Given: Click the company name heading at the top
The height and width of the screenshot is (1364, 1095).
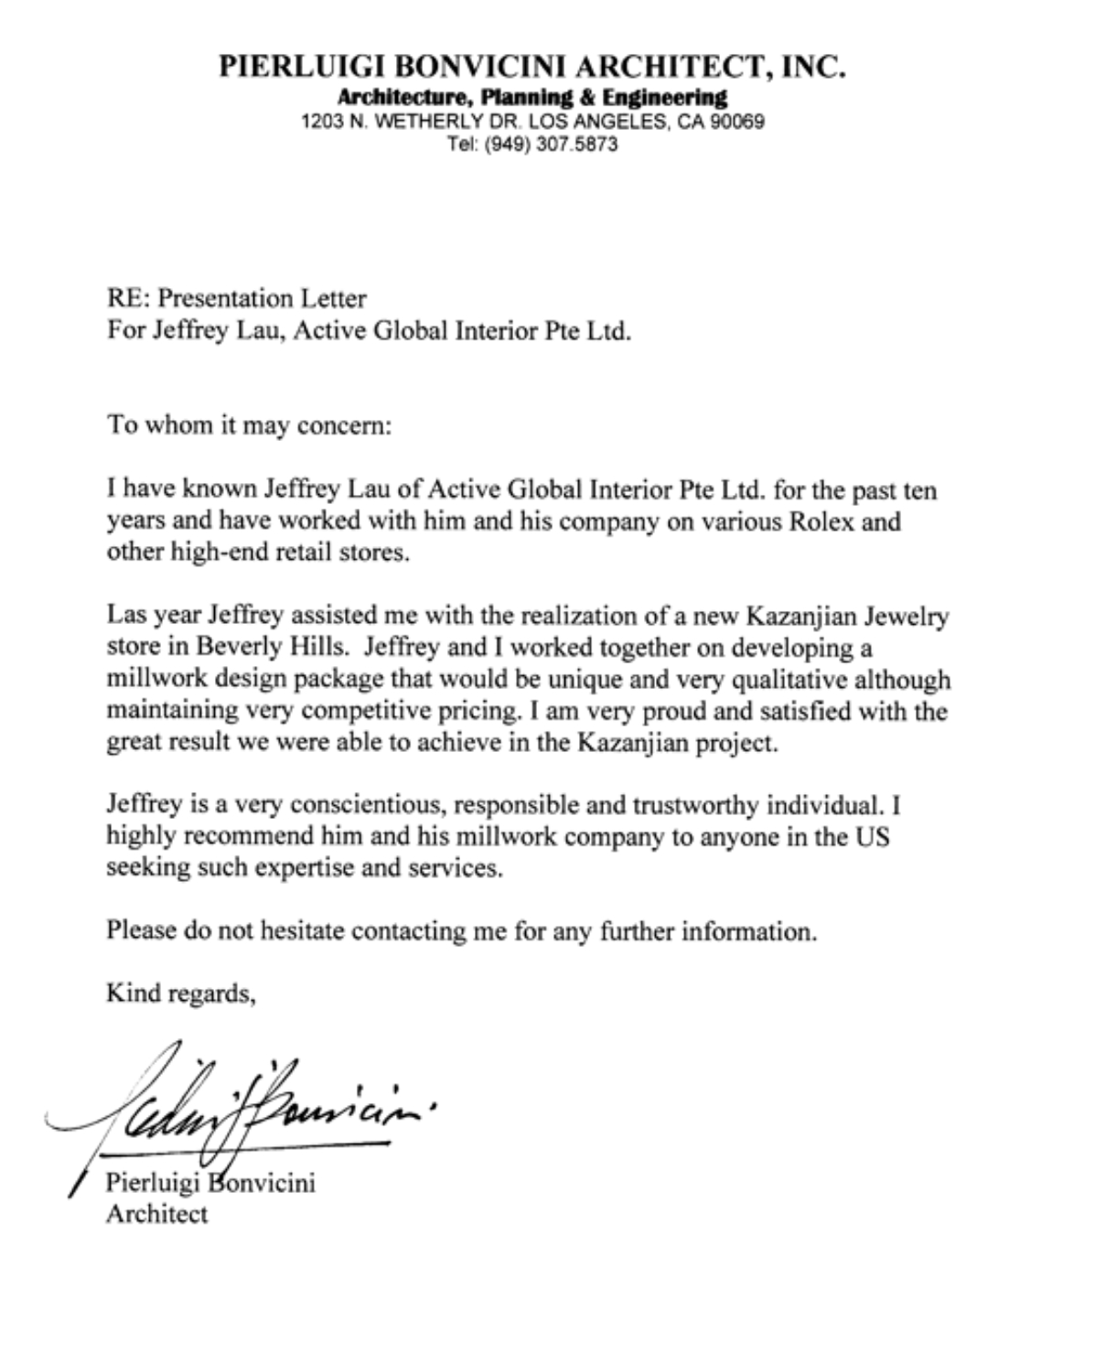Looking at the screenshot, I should (532, 67).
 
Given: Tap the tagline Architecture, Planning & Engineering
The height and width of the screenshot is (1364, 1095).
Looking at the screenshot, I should (532, 97).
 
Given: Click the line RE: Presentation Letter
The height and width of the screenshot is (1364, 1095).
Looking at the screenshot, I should (236, 298).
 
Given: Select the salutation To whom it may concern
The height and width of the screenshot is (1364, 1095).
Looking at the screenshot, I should (249, 425).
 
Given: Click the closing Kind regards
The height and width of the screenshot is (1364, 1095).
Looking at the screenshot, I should (180, 993).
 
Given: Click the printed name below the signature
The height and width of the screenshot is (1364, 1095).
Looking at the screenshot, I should (210, 1183).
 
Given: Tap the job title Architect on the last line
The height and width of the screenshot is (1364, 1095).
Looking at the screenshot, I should (157, 1214).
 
